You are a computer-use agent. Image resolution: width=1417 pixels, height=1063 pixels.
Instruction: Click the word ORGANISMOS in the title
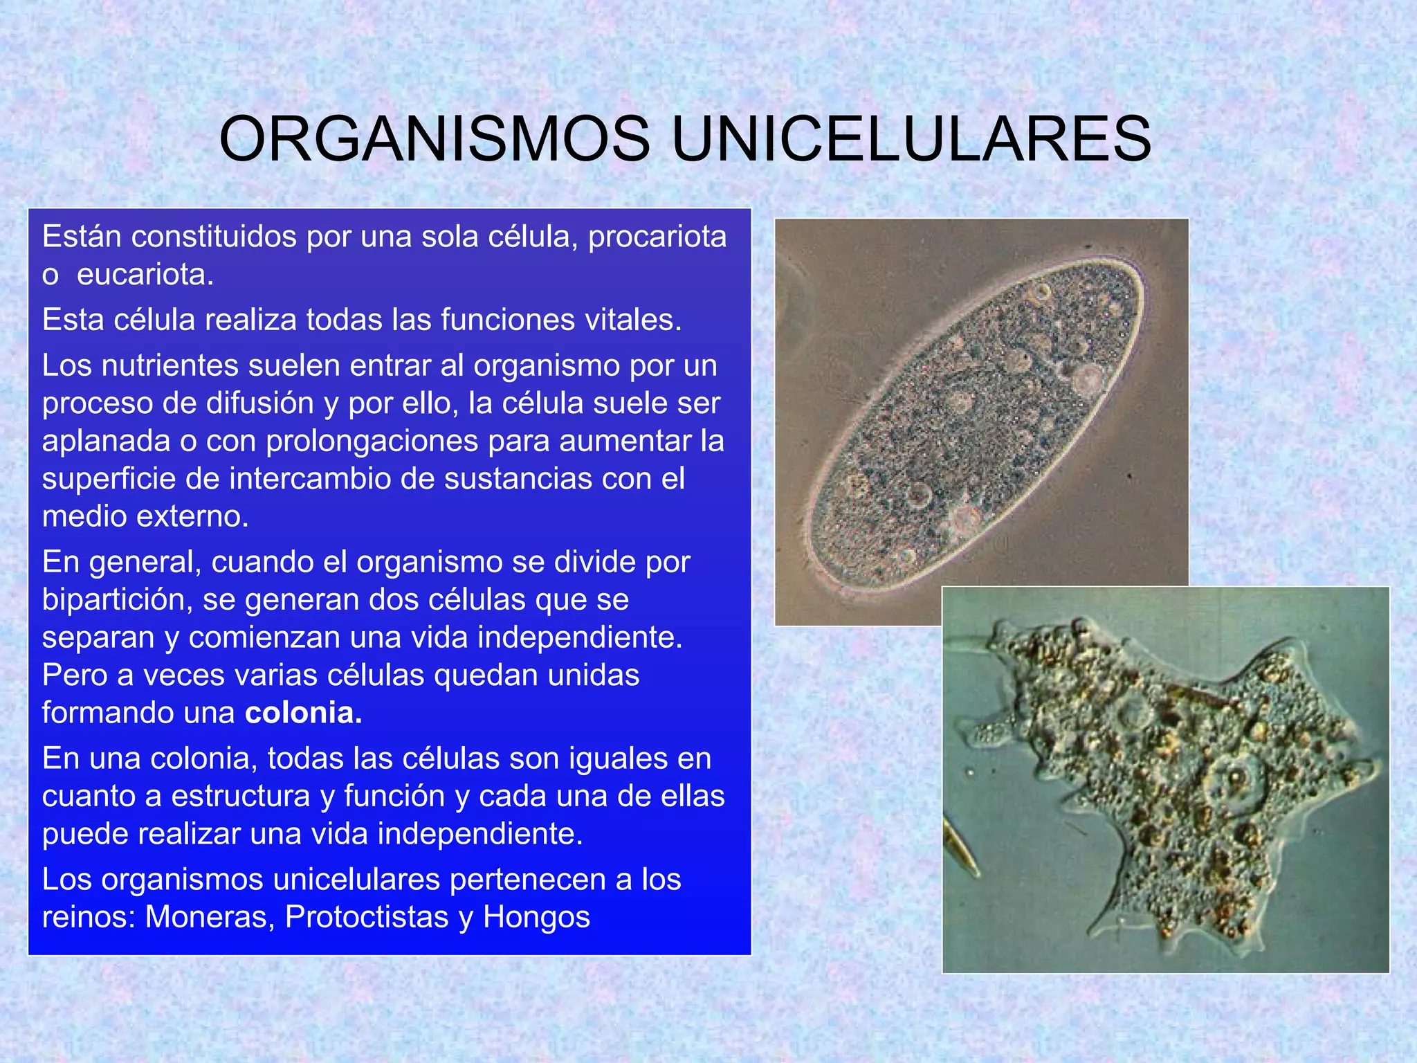pos(435,140)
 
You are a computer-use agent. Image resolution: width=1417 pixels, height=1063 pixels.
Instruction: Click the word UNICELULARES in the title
pos(911,140)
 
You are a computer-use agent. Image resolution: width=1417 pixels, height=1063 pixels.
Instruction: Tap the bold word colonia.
pos(303,713)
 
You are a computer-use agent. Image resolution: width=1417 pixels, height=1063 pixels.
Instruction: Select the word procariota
pos(657,237)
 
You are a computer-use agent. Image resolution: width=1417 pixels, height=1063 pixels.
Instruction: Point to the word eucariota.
pos(145,275)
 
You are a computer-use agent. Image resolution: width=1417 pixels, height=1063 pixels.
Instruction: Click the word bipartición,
pos(117,599)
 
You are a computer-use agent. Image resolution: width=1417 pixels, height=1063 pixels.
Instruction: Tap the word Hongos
pos(536,917)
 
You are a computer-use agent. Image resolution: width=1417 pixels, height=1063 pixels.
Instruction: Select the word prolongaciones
pos(372,442)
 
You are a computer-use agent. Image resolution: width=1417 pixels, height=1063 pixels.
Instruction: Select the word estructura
pos(240,796)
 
